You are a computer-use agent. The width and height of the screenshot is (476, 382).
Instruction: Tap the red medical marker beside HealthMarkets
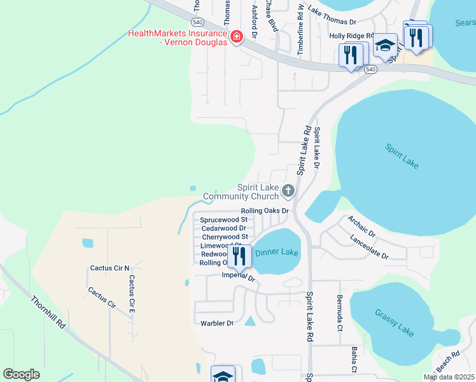[237, 38]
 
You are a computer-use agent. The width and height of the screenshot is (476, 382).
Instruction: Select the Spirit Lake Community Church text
[241, 192]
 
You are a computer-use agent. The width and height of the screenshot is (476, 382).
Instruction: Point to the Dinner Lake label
[277, 253]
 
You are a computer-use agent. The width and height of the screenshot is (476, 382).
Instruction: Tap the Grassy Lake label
[394, 320]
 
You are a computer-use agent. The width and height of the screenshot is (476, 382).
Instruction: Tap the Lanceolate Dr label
[369, 247]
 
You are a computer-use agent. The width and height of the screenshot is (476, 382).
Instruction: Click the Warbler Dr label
[217, 323]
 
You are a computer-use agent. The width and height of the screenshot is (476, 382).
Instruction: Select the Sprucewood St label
[223, 220]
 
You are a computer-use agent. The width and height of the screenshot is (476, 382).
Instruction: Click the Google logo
[21, 374]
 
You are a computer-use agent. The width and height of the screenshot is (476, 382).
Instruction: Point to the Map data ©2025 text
[449, 377]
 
